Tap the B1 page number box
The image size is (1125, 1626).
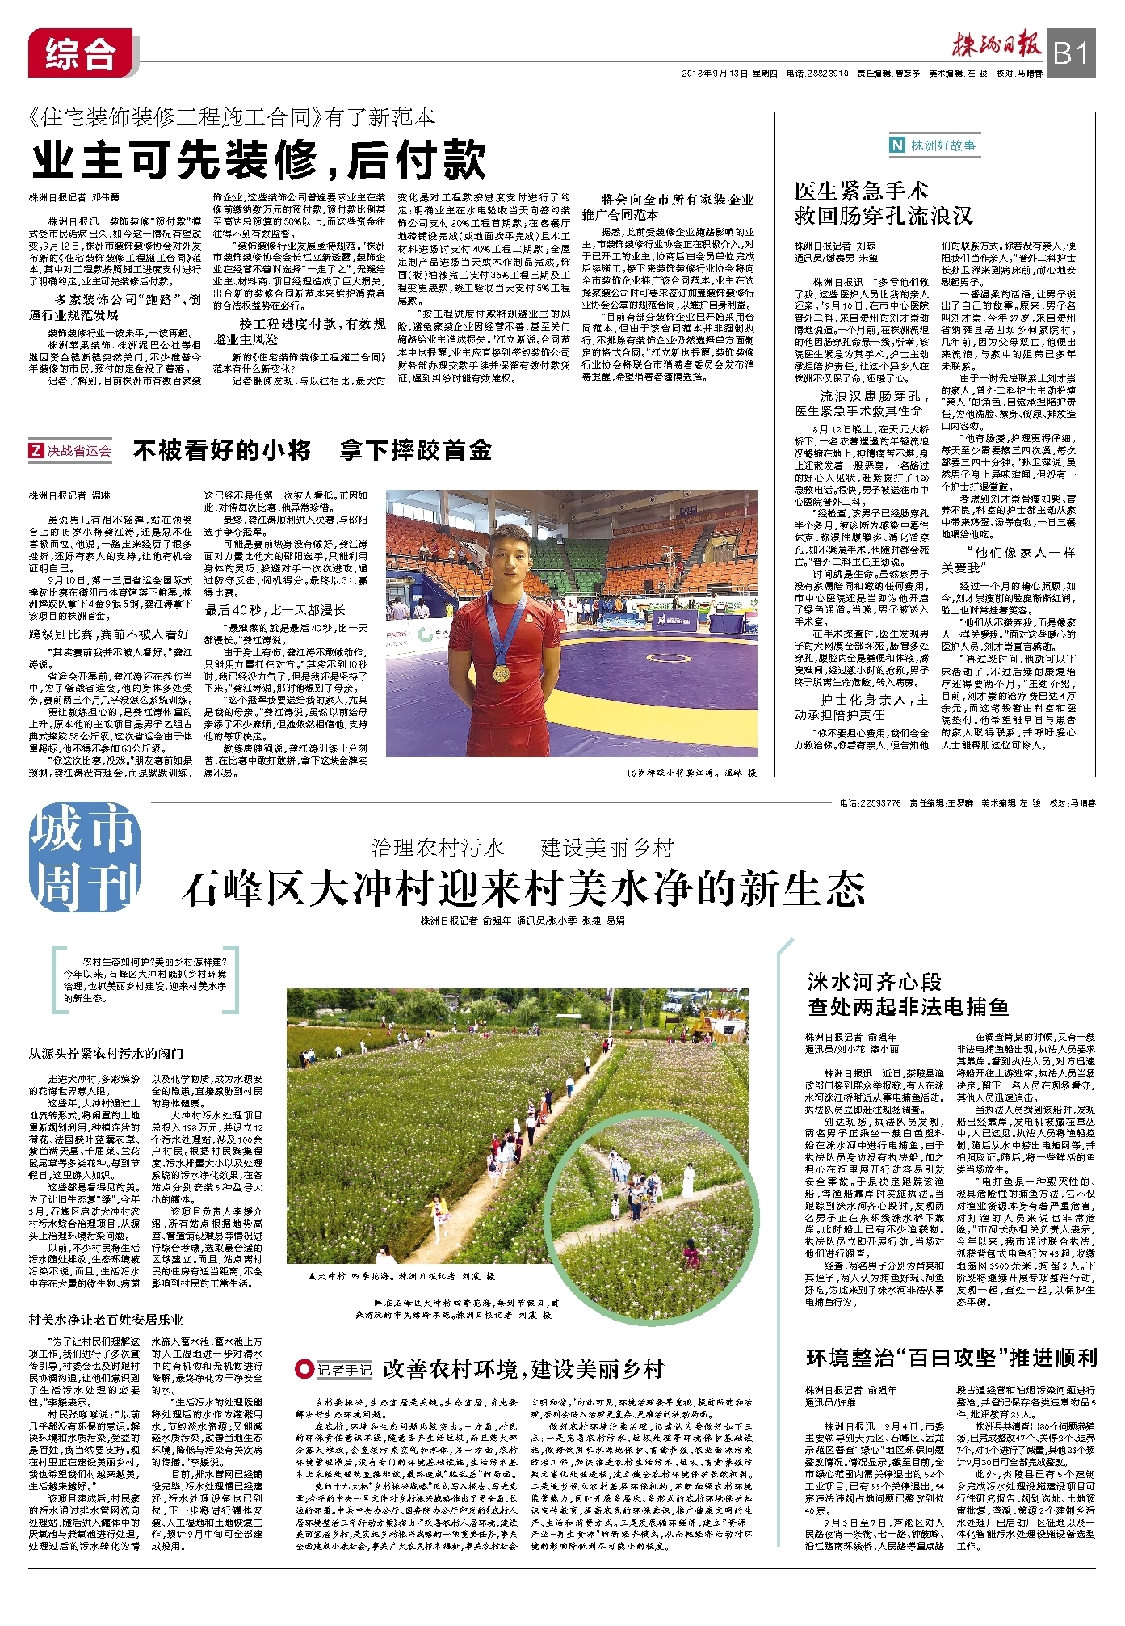point(1071,54)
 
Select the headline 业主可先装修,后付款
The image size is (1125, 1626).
point(259,160)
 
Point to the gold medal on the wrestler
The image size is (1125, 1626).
point(502,671)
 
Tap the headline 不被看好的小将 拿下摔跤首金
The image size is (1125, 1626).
point(313,450)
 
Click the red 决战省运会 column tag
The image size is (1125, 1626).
point(71,451)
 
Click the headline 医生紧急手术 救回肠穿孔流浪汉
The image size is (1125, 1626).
point(883,204)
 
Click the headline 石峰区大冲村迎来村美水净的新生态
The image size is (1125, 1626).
point(523,889)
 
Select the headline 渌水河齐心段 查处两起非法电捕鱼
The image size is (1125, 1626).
point(908,994)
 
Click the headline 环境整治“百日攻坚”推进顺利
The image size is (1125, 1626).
point(951,1358)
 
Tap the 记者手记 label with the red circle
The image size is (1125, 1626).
point(334,1370)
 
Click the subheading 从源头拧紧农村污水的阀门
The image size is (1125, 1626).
point(107,1054)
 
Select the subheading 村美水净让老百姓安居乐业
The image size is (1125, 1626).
point(107,1320)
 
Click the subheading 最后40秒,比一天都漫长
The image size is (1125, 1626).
point(275,610)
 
